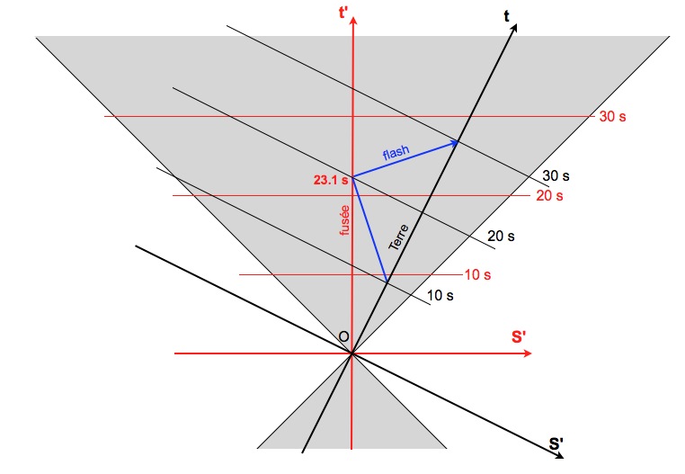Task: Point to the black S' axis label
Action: coord(557,443)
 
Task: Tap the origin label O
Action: coord(342,336)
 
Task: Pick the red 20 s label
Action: coord(548,195)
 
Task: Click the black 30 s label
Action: coord(556,176)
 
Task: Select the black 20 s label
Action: coord(500,237)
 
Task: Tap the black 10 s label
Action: coord(439,295)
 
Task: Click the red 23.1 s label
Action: coord(330,180)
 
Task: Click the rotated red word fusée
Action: coord(343,219)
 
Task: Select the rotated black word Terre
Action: coord(397,237)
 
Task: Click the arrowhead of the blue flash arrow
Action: coord(456,141)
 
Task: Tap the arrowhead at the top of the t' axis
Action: coord(352,22)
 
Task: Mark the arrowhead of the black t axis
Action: coord(515,28)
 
